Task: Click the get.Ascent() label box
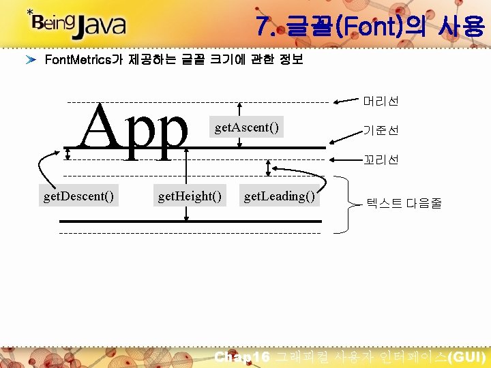pyautogui.click(x=246, y=127)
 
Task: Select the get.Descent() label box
pyautogui.click(x=78, y=196)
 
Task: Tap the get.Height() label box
pyautogui.click(x=190, y=196)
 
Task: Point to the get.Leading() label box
pyautogui.click(x=280, y=196)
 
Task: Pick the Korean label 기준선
pyautogui.click(x=381, y=130)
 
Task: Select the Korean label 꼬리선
pyautogui.click(x=381, y=159)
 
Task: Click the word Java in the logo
pyautogui.click(x=100, y=25)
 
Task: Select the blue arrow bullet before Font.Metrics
pyautogui.click(x=31, y=60)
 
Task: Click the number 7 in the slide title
pyautogui.click(x=263, y=27)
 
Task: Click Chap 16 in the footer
pyautogui.click(x=242, y=357)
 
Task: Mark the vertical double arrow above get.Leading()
pyautogui.click(x=269, y=168)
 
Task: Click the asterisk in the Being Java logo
pyautogui.click(x=30, y=12)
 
